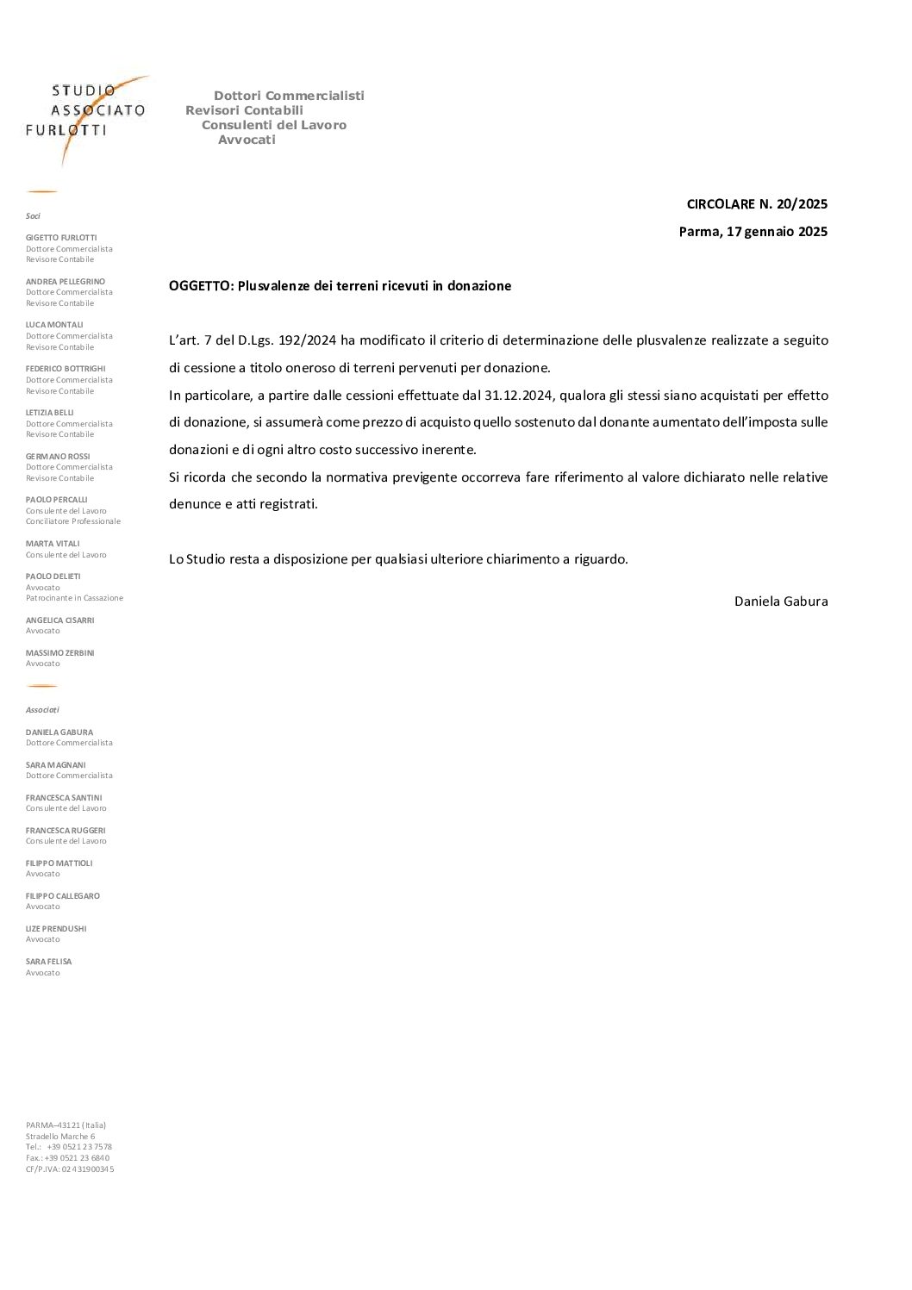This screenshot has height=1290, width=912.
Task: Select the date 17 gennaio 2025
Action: pos(776,232)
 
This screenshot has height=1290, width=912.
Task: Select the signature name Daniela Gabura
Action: pos(780,601)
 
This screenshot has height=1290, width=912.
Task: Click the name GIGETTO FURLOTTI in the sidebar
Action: pos(61,238)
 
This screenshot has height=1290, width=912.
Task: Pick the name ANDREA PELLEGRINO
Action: pos(66,282)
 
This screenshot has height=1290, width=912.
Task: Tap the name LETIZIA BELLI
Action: pos(50,413)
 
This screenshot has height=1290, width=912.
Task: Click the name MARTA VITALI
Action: pos(53,544)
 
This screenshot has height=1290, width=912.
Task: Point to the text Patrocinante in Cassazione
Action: pos(74,598)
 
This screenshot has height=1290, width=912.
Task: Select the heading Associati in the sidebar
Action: pos(42,710)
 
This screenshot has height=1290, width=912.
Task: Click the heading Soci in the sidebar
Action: pos(33,216)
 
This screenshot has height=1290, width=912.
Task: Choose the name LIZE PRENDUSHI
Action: pos(56,929)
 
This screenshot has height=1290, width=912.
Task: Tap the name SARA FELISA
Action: pos(48,962)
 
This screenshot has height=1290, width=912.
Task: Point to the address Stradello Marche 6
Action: pos(60,1137)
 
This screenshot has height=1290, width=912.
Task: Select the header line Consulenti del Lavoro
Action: pos(273,125)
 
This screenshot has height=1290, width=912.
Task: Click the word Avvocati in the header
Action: pos(247,140)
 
